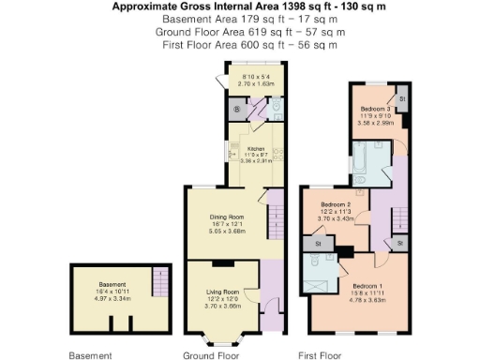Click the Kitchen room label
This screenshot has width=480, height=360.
pos(255,148)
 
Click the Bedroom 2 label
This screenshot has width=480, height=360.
pos(335,204)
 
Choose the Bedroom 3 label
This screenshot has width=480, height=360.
pos(375,109)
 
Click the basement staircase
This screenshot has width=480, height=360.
pos(159,281)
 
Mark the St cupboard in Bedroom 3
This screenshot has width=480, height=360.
pos(401,98)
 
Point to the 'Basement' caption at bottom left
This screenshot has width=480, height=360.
pos(91,355)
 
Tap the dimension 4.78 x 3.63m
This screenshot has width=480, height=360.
pos(367,297)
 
